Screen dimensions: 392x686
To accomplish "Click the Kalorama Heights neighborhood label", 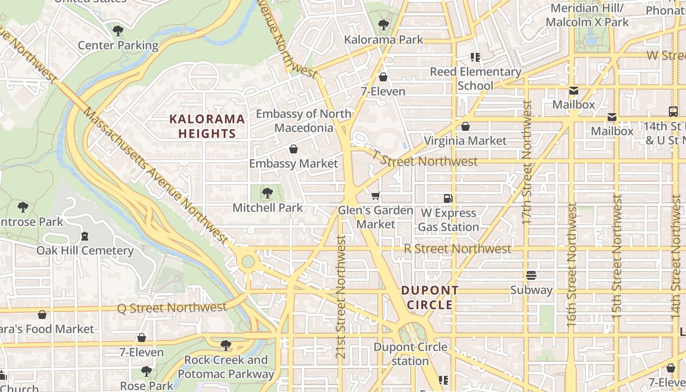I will pos(207,126).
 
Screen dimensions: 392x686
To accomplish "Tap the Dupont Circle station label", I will pos(410,354).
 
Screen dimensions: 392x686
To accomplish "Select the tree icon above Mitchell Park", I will pos(267,193).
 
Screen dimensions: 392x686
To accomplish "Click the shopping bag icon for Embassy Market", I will pos(294,149).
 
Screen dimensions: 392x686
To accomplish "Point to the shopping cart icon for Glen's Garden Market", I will pos(376,196).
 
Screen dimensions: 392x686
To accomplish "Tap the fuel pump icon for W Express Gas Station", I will pos(448,198).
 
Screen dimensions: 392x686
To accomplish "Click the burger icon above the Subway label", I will pos(531,275).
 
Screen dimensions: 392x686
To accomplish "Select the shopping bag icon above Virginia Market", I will pos(465,126).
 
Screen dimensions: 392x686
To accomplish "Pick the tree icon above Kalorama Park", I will pos(383,25).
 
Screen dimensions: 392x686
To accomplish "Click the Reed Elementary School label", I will pos(475,78).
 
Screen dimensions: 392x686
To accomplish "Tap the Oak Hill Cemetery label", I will pos(85,250).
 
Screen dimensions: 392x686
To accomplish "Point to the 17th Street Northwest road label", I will pos(527,162).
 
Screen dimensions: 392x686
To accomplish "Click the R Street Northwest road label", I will pos(457,249).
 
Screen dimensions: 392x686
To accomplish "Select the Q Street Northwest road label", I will pos(171,308).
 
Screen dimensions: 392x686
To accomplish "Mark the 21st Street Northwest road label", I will pos(342,296).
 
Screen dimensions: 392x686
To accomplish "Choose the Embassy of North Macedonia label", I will pos(304,121).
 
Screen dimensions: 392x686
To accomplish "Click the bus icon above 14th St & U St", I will pos(673,111).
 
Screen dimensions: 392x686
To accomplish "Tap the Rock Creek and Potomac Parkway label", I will pos(226,367).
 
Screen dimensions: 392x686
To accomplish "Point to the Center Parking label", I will pos(118,46).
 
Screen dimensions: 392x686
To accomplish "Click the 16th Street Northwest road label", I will pos(572,265).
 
